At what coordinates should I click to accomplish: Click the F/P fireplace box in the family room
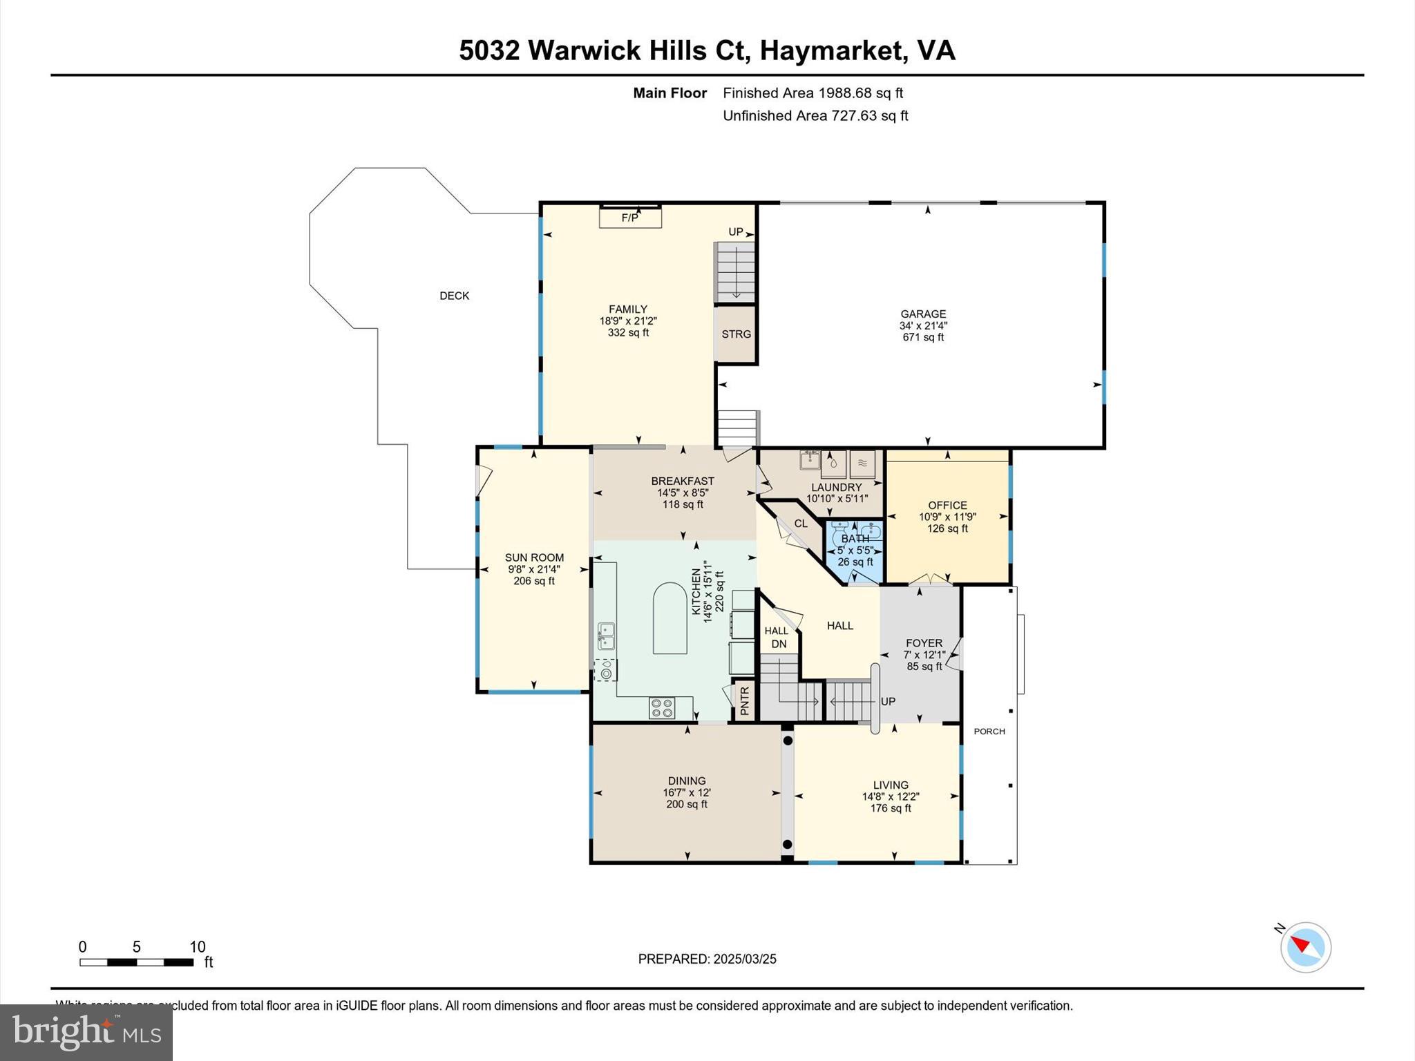[630, 218]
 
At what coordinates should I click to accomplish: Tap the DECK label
[454, 296]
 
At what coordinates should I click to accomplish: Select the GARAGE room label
[923, 314]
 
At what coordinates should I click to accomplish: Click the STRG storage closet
[736, 334]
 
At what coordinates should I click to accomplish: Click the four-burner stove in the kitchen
[662, 707]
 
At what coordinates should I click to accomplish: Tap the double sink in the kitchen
[606, 636]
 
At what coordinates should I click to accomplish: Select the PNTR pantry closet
[744, 700]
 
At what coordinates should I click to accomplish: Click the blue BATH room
[855, 551]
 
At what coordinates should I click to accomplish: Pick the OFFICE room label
[947, 506]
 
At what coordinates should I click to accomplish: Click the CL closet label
[801, 524]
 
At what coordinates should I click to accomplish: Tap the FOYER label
[924, 643]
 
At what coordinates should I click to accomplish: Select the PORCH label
[989, 732]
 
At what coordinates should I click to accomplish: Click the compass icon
[1305, 947]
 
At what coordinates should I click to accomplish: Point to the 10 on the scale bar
[198, 947]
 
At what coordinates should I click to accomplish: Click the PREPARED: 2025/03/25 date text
[707, 959]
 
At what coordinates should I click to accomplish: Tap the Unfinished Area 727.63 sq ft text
[815, 116]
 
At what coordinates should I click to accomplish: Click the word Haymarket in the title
[834, 50]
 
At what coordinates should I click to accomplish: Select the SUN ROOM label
[534, 558]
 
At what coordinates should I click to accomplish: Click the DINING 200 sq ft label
[686, 792]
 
